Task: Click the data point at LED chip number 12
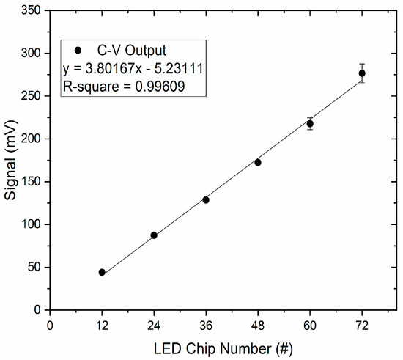(102, 272)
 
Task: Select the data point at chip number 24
(154, 235)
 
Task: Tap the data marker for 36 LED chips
(206, 199)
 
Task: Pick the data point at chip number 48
(258, 162)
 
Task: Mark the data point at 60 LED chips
(310, 124)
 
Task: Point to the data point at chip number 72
(362, 73)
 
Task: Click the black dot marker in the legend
(78, 51)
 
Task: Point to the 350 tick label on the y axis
(31, 10)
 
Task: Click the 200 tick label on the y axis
(31, 139)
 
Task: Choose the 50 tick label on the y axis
(34, 268)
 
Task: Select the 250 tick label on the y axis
(31, 96)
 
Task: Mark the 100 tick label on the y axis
(31, 224)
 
